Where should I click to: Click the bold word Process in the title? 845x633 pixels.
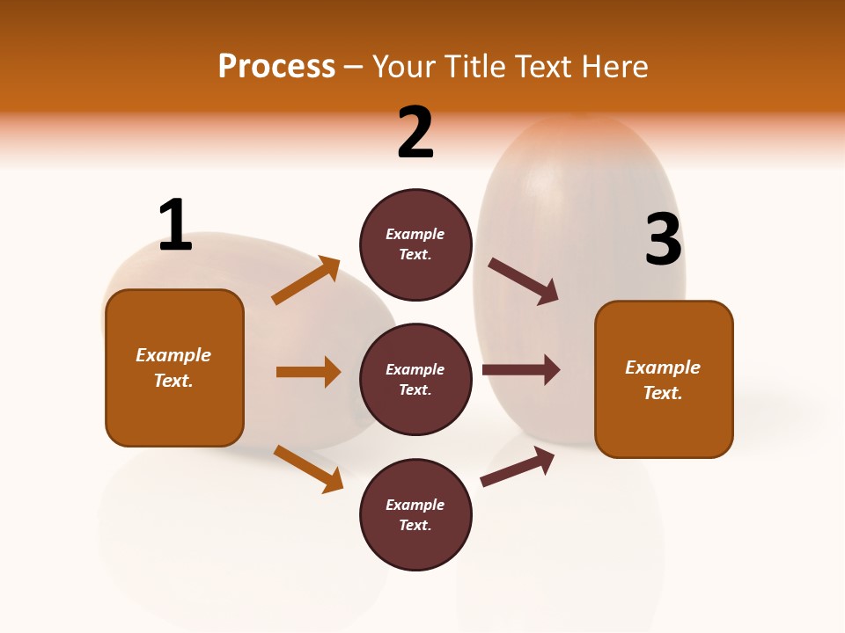(x=276, y=67)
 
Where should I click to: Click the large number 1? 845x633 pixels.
(x=175, y=225)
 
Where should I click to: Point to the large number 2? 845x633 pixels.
(x=415, y=133)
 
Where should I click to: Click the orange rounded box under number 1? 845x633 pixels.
(x=174, y=367)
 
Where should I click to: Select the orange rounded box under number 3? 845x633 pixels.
(x=664, y=380)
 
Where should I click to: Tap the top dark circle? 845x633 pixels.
(x=415, y=244)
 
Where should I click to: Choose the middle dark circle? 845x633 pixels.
(x=415, y=380)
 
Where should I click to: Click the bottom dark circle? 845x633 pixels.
(x=415, y=515)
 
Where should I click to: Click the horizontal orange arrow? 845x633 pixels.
(x=308, y=372)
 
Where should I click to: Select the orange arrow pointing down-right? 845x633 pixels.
(x=308, y=469)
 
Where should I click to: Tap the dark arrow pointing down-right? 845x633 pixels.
(x=524, y=281)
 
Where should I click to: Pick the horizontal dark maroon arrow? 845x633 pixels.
(x=521, y=370)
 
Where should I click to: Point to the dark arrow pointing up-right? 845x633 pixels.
(x=518, y=466)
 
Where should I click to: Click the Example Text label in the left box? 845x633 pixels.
(x=173, y=367)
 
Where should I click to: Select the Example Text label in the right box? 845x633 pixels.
(x=663, y=380)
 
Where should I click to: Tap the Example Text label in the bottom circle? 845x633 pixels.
(x=415, y=515)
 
